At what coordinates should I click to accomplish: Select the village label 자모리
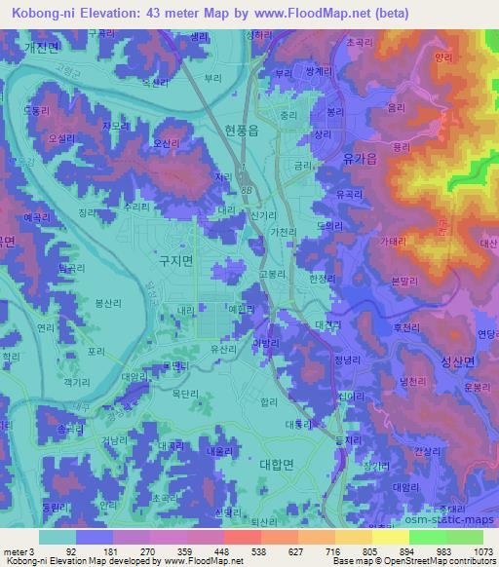point(116,126)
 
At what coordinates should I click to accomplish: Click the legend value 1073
point(482,551)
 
